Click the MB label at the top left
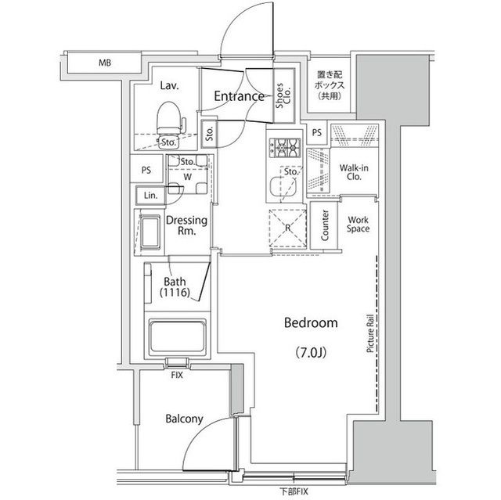[x=103, y=61]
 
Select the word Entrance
[x=239, y=96]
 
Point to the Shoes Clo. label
[x=280, y=97]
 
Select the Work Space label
[x=358, y=225]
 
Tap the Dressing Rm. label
[x=186, y=226]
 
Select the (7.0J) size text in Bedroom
[x=311, y=352]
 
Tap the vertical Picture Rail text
[x=368, y=335]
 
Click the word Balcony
[x=184, y=419]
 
